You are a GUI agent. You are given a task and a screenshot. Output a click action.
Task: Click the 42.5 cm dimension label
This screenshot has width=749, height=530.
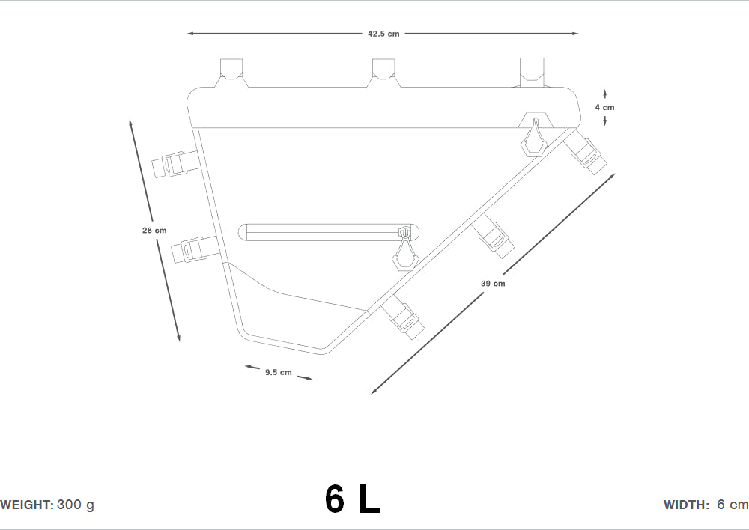tap(383, 34)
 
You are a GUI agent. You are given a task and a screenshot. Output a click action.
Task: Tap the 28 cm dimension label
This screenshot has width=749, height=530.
tap(154, 231)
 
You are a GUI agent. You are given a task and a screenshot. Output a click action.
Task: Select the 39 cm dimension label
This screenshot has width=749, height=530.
tap(493, 284)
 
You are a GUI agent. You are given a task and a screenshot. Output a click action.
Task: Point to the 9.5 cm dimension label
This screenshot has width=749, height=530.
tap(278, 372)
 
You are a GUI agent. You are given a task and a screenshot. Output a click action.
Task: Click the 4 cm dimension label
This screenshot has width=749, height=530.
tap(604, 108)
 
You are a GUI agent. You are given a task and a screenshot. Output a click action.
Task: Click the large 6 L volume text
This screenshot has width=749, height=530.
tap(352, 499)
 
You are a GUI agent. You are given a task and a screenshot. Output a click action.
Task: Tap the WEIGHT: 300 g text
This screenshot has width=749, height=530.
tap(47, 505)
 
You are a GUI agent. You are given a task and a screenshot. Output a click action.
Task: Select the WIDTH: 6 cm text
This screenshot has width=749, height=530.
tap(705, 505)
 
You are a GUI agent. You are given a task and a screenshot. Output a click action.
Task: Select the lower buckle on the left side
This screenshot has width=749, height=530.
tap(193, 249)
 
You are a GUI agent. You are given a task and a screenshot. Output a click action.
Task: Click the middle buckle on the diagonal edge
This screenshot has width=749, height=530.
tap(495, 234)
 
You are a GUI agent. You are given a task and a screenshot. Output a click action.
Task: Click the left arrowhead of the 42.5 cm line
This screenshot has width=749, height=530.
tap(190, 34)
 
